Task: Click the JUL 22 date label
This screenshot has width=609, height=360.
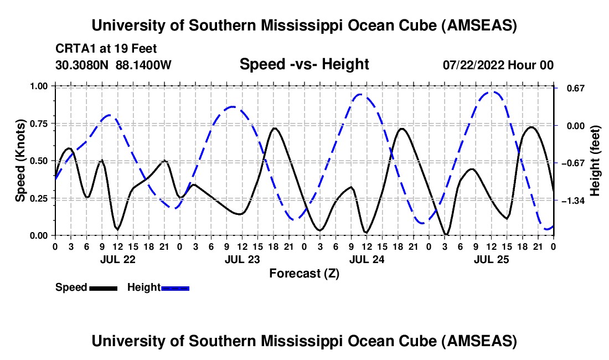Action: pos(117,259)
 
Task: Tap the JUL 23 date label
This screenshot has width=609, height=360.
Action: pos(242,259)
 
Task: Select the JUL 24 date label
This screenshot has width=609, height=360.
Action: pos(367,259)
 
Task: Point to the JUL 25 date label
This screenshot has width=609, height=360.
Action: pos(491,259)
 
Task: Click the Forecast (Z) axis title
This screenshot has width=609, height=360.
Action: pos(304,273)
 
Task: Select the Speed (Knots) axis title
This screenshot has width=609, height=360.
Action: pos(20,161)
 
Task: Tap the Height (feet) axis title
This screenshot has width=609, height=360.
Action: pos(595,161)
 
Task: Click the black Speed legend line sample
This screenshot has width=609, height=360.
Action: pos(103,287)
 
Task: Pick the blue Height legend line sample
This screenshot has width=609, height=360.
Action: pos(176,287)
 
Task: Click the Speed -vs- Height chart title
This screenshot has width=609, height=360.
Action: pos(304,64)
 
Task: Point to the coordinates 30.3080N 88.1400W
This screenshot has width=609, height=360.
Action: pos(113,65)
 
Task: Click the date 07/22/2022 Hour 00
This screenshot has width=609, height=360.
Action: pos(498,65)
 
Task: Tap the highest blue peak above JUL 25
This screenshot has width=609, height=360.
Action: pos(491,92)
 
